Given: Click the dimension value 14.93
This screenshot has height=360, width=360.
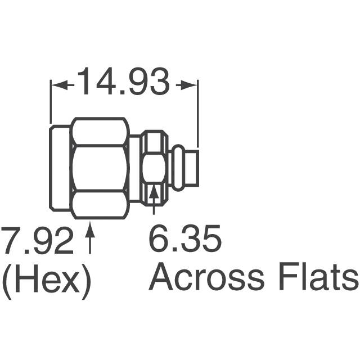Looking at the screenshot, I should [x=123, y=83].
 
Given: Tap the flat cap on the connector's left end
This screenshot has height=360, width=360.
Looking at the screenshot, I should [x=59, y=168].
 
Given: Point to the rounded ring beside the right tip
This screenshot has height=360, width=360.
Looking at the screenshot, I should [x=177, y=167].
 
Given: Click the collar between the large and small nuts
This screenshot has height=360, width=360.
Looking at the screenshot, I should [x=135, y=168].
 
